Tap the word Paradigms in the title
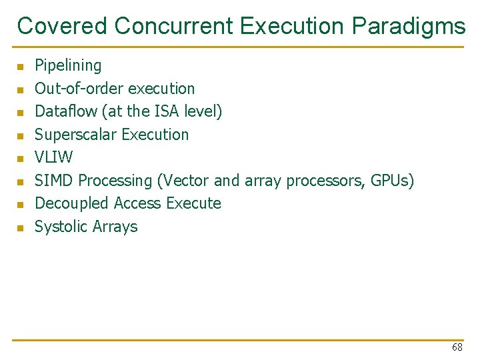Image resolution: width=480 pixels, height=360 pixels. [x=409, y=26]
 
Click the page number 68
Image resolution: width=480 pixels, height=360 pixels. [x=457, y=347]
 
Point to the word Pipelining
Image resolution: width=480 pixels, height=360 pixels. [x=68, y=65]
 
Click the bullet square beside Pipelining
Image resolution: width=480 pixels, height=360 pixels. [x=21, y=67]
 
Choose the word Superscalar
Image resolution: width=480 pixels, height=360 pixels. [x=72, y=135]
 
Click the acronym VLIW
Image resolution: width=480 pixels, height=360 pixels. [x=53, y=157]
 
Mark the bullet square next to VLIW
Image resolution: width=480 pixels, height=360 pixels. [x=21, y=159]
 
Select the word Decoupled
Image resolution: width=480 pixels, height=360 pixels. [x=72, y=203]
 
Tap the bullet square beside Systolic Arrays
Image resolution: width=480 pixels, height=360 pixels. [x=21, y=228]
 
